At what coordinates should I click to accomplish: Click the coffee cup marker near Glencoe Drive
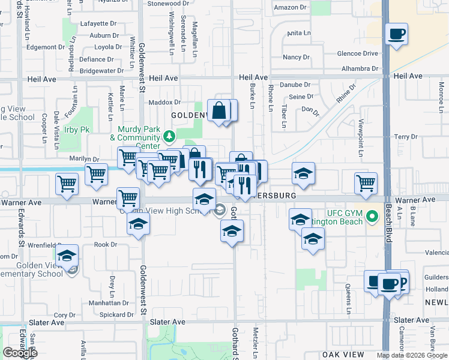pyautogui.click(x=396, y=34)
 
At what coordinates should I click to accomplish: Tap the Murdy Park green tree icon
pyautogui.click(x=170, y=136)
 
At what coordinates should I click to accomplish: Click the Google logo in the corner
pyautogui.click(x=20, y=353)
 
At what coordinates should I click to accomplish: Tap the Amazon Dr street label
pyautogui.click(x=291, y=8)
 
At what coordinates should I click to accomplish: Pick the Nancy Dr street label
pyautogui.click(x=296, y=58)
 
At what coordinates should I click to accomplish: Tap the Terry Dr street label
pyautogui.click(x=405, y=137)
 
